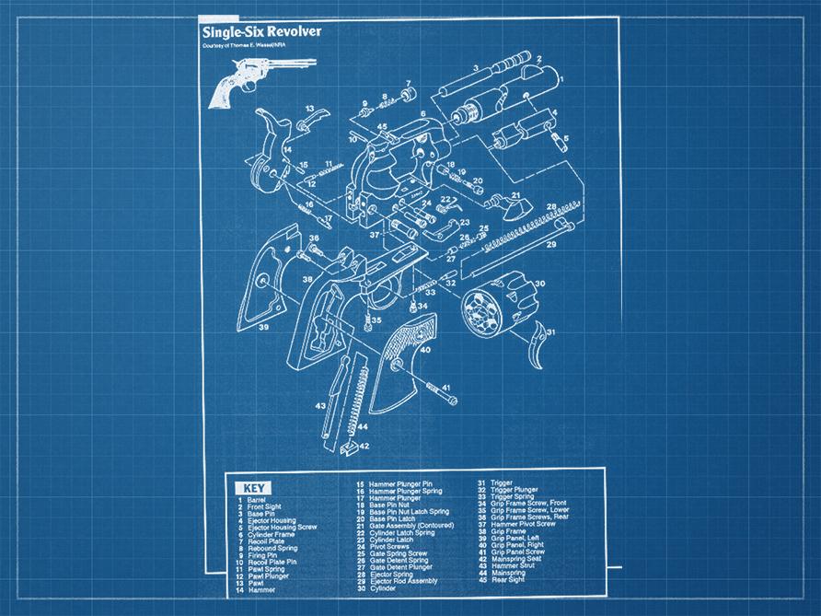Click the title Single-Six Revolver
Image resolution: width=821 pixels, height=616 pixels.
tap(261, 31)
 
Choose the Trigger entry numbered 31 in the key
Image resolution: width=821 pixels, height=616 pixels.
tap(503, 482)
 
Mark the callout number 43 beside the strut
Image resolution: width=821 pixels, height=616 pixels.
tap(319, 405)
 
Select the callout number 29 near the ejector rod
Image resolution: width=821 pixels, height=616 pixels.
tap(552, 246)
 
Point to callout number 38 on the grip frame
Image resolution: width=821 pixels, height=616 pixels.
tap(307, 277)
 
